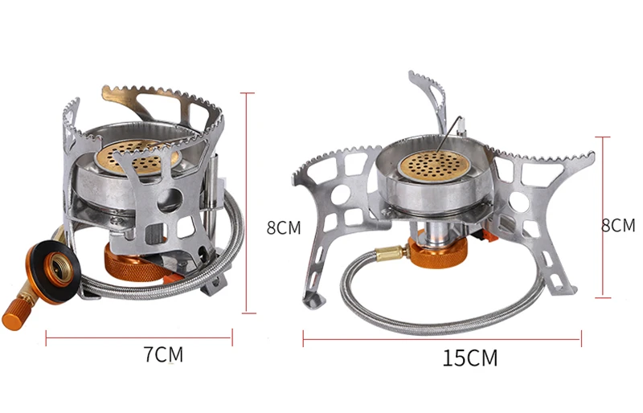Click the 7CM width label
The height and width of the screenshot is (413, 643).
(x=163, y=354)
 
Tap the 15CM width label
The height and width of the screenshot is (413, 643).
(x=470, y=358)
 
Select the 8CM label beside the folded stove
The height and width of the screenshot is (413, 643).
(x=284, y=227)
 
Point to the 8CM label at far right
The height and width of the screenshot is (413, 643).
(x=618, y=226)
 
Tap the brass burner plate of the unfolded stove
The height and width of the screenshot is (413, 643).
(x=435, y=166)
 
